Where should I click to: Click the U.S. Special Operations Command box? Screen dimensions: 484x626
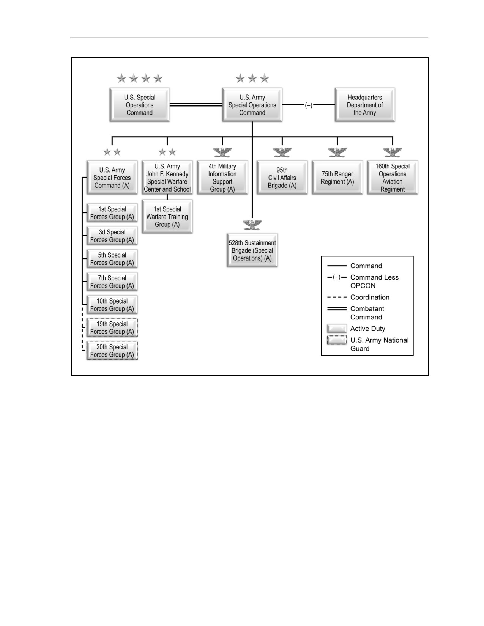point(140,105)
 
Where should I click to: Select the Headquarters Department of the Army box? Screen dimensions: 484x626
point(365,105)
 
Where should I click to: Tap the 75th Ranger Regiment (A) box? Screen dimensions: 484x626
point(337,178)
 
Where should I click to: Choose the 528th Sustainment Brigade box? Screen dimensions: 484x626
point(252,250)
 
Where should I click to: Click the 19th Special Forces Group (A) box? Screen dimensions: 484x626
point(112,327)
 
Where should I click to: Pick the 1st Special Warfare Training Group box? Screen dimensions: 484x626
point(167,217)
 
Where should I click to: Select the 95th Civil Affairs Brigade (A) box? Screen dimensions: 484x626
point(282,178)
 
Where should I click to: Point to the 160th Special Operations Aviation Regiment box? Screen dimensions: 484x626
point(393,178)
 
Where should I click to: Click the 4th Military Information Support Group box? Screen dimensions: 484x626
point(222,178)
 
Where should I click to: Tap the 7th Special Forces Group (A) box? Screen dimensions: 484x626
point(112,282)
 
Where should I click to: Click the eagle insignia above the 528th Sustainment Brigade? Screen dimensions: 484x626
point(252,225)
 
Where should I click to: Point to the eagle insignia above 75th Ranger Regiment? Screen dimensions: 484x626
point(337,152)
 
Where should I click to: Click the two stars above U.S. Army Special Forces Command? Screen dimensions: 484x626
point(112,152)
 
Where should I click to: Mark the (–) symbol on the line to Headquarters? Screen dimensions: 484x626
point(309,105)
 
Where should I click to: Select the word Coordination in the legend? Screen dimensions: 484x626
point(370,297)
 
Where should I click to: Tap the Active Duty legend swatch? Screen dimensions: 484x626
point(337,329)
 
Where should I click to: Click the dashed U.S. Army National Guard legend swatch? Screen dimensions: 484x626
point(337,340)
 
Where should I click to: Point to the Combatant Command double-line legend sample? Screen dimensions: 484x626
point(337,308)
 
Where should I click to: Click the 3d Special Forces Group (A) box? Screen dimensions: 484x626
point(112,236)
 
